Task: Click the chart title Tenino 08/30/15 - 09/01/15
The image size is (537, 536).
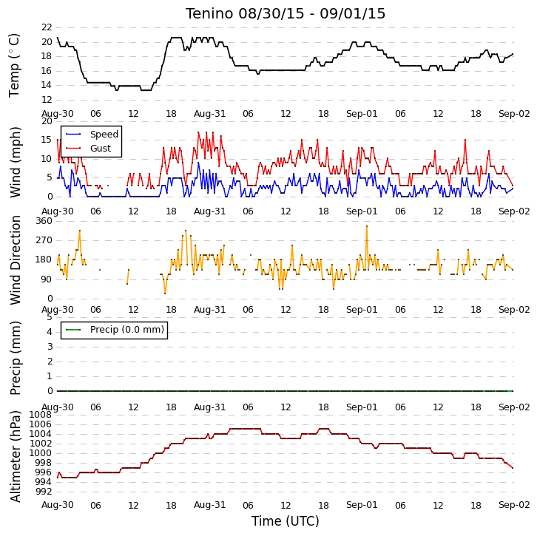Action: coord(286,14)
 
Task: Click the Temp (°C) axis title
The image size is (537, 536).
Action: coord(14,65)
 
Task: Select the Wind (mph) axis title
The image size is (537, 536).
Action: coord(15,162)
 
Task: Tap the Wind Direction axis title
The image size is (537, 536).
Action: coord(15,260)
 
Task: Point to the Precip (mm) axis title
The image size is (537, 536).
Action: coord(15,358)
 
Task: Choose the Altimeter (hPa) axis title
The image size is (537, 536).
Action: coord(15,457)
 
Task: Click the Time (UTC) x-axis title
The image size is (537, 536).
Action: coord(286,521)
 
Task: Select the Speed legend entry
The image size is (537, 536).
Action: coord(92,134)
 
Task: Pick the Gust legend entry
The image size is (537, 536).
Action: coord(88,148)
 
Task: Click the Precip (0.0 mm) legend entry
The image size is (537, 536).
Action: coord(115,330)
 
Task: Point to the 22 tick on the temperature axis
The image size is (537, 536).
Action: coord(47,27)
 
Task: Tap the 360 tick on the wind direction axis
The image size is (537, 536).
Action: coord(44,221)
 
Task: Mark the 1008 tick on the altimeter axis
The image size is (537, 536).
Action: coord(41,415)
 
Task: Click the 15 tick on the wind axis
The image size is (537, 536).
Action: coord(47,140)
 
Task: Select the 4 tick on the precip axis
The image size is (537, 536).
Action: coord(50,332)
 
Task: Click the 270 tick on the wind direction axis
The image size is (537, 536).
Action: coord(44,240)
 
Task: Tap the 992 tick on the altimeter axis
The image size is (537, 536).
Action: coord(44,492)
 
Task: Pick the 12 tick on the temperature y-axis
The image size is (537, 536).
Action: coord(47,100)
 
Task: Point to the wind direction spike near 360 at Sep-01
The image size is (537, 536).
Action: coord(367,226)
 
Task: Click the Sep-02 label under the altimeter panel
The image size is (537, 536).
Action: coord(514,505)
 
